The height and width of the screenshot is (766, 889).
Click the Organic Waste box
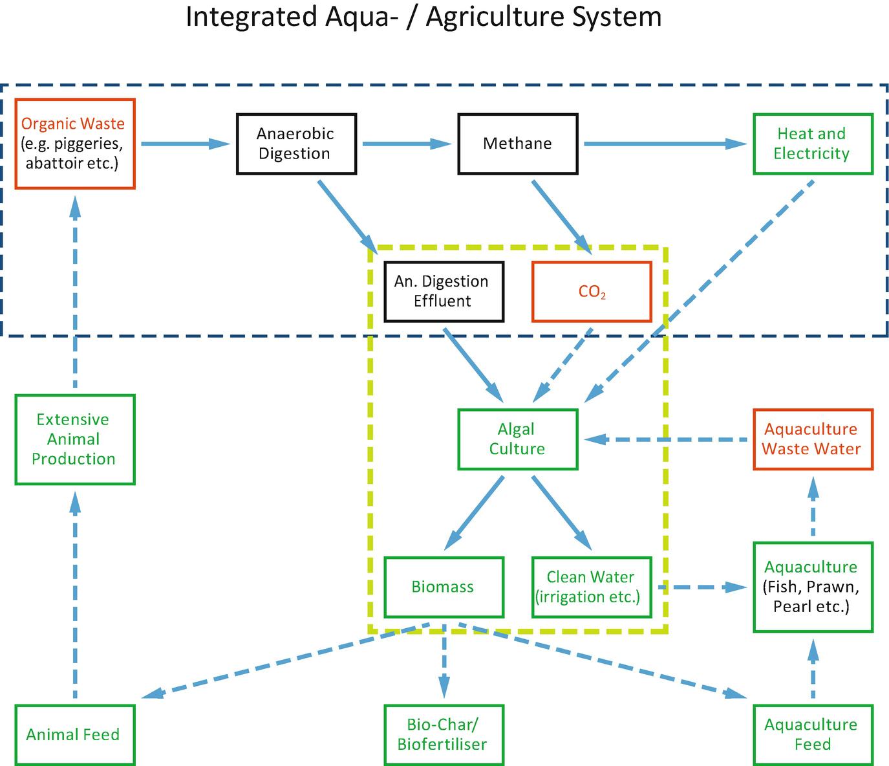[74, 144]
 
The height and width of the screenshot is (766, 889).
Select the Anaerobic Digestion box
[296, 144]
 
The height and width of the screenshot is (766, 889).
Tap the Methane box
[517, 144]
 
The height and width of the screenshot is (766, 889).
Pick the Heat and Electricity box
[813, 144]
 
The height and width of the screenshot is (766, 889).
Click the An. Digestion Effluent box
[444, 291]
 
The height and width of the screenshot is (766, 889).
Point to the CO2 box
[592, 291]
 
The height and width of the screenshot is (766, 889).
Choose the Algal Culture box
[517, 439]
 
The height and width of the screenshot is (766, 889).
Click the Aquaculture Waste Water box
[813, 439]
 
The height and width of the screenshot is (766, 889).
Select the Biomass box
[444, 587]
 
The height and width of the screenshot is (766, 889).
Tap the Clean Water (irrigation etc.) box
[592, 587]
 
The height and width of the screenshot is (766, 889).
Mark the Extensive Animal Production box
[74, 439]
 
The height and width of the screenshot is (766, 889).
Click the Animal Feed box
[74, 735]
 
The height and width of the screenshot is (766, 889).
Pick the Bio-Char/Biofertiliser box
[444, 735]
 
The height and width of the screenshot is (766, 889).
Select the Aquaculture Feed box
[813, 735]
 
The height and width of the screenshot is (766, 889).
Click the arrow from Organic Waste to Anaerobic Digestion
[185, 144]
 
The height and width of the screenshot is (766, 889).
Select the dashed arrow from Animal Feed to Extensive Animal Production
[75, 595]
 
